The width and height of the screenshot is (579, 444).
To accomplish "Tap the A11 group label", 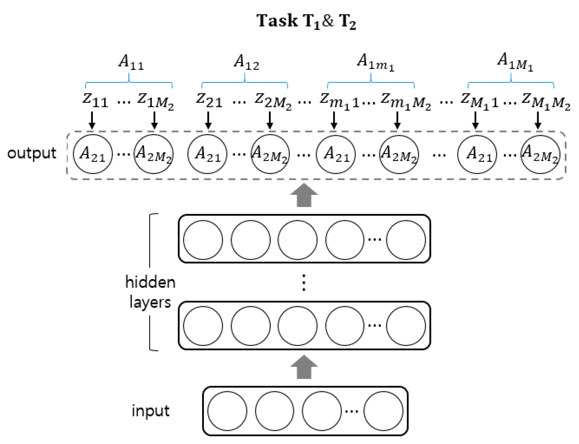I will [131, 62].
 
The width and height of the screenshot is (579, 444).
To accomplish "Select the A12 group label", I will [246, 62].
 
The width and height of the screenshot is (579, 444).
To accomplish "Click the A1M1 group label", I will [515, 62].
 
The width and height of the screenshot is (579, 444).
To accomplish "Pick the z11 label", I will [95, 100].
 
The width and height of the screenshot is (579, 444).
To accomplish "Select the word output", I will [32, 153].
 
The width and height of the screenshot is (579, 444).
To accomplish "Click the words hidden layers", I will [150, 292].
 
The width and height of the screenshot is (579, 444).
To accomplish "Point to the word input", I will [151, 411].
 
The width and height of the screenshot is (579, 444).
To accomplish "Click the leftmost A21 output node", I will [93, 154].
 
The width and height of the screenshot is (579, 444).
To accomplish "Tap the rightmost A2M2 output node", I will [540, 154].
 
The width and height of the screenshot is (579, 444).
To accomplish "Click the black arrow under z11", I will [92, 120].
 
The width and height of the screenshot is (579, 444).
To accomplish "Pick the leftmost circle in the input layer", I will [227, 411].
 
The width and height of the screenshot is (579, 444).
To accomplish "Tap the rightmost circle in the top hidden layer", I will [406, 240].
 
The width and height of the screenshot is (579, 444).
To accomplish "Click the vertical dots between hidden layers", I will [304, 283].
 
